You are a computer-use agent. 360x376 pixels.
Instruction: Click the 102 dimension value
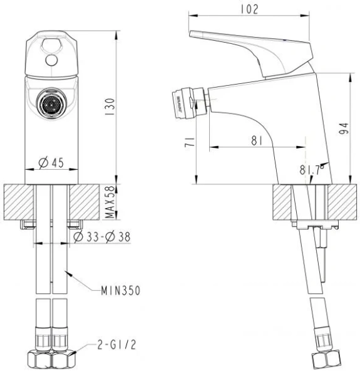(249, 9)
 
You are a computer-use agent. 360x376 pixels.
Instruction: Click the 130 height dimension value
(110, 107)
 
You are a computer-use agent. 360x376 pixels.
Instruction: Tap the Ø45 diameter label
(51, 163)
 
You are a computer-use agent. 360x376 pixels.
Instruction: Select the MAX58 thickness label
(110, 202)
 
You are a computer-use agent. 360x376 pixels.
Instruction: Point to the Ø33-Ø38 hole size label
(102, 237)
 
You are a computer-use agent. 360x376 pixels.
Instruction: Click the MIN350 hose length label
(120, 291)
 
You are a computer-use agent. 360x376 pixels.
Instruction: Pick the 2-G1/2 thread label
(116, 345)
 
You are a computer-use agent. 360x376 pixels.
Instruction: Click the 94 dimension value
(344, 128)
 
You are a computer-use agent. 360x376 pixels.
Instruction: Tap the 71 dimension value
(190, 142)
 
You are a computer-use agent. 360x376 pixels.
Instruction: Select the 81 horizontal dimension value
(257, 140)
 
